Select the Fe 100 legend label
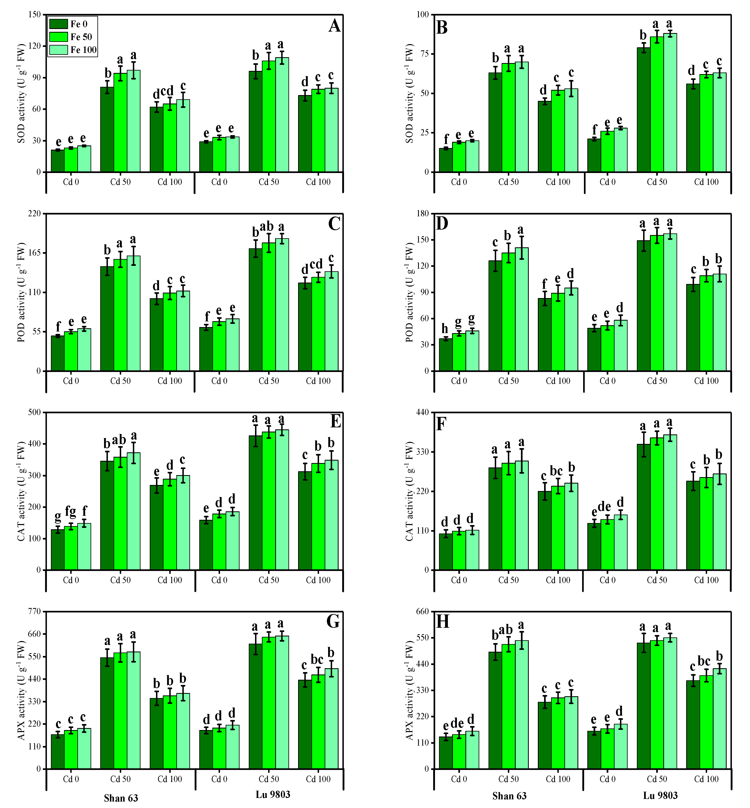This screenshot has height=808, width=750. coord(84,50)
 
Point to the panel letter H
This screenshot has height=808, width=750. coord(442,622)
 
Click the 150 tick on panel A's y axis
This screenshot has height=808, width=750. coord(35,15)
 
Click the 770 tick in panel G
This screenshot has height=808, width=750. coord(35,611)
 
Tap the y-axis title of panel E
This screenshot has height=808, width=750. coord(21,491)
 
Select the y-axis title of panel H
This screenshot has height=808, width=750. coord(409,690)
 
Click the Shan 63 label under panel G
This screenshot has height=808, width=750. coord(121,798)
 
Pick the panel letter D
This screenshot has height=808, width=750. coord(442,223)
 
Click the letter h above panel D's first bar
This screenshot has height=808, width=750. coord(445,329)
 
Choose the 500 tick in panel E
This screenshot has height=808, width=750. coord(35,412)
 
